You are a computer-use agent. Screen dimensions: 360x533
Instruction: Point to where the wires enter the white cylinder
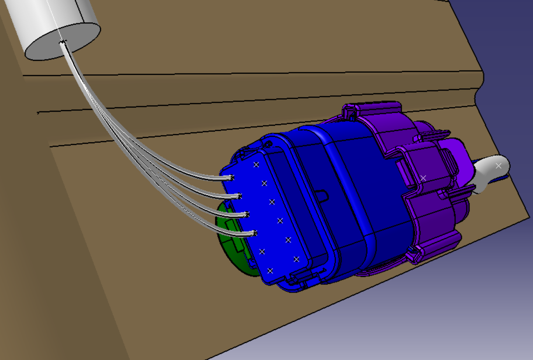[x=63, y=42]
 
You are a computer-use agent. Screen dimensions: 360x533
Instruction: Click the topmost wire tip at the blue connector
[x=232, y=178]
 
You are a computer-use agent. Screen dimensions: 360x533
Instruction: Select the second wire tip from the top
[x=239, y=196]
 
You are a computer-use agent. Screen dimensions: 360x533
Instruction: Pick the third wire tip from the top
[x=247, y=214]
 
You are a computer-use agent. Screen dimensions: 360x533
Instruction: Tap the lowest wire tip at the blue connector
[x=255, y=233]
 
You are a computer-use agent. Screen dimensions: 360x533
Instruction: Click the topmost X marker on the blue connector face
[x=256, y=165]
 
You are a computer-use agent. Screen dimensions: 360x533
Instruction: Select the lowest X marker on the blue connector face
[x=270, y=270]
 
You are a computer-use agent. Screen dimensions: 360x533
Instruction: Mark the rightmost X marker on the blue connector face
[x=296, y=259]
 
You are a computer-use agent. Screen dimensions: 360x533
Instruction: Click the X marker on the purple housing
[x=423, y=178]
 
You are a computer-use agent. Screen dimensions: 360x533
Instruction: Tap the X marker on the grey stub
[x=498, y=166]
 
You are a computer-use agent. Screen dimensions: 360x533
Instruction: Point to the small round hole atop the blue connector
[x=269, y=144]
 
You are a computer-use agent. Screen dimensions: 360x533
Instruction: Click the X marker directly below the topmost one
[x=264, y=183]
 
